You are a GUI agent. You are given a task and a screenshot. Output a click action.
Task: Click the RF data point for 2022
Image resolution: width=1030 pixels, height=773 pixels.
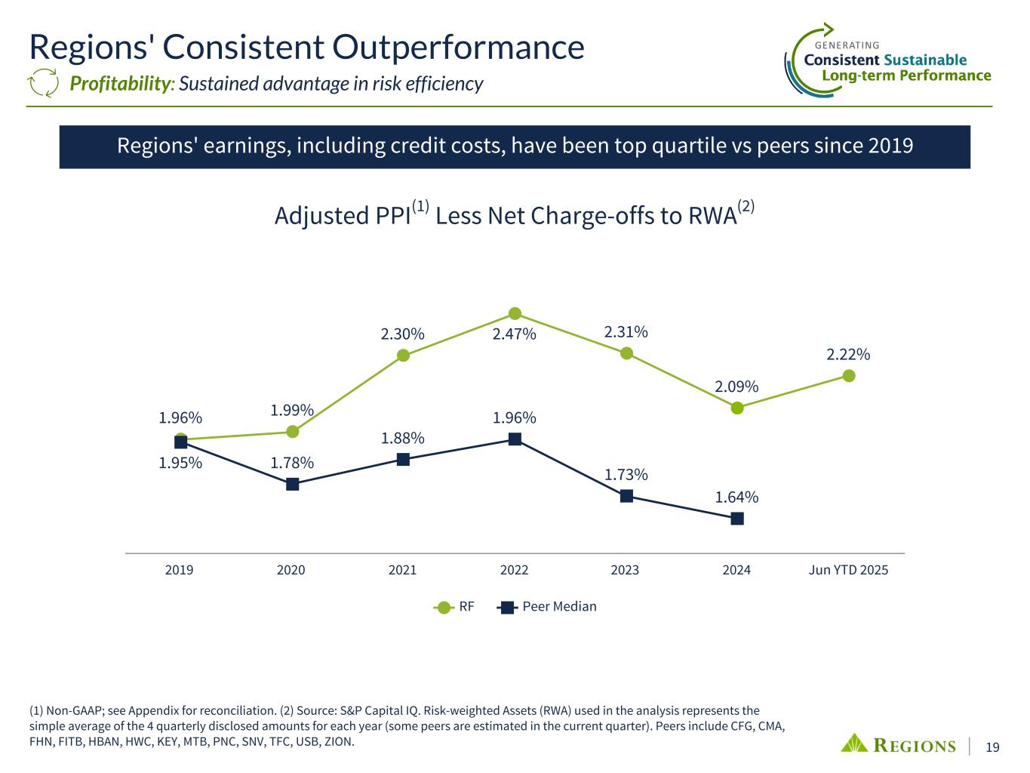(x=515, y=313)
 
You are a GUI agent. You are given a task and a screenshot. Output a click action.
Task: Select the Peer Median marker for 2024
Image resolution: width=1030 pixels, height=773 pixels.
(x=737, y=519)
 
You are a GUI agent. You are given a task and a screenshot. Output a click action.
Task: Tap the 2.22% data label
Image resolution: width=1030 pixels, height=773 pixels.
(x=848, y=354)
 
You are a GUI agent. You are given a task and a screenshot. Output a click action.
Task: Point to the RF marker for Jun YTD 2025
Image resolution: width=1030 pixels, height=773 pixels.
(x=849, y=375)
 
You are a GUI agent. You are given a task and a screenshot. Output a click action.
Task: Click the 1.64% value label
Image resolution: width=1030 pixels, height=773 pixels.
(x=737, y=497)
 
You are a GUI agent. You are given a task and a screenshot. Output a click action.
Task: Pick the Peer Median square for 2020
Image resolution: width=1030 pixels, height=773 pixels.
(x=292, y=484)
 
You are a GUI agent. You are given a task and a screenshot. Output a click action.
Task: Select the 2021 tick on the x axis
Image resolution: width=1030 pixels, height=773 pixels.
(x=403, y=570)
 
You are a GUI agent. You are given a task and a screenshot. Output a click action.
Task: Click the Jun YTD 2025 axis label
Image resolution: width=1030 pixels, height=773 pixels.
(x=848, y=570)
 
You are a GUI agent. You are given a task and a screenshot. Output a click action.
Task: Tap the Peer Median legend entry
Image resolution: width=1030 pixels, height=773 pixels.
(x=549, y=607)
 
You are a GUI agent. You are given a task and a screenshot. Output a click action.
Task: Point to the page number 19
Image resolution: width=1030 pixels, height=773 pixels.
(x=993, y=747)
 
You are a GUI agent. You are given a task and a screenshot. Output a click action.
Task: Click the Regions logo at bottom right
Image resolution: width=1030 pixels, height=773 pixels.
(x=898, y=744)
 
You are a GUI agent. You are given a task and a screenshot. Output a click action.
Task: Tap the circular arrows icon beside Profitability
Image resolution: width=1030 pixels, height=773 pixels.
(x=43, y=83)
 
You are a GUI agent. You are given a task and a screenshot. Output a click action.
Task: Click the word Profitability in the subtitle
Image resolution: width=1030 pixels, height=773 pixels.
(x=119, y=84)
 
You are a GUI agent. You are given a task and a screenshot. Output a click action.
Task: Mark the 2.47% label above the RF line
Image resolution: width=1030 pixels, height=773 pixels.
(x=514, y=334)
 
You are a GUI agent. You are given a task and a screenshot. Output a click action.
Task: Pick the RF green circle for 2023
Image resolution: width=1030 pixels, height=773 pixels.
(x=626, y=353)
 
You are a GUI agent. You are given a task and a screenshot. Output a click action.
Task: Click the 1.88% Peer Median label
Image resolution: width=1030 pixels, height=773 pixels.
(x=402, y=439)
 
